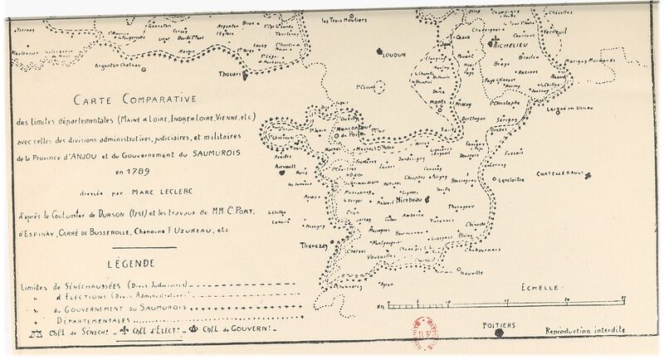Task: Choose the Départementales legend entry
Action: click(88, 318)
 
